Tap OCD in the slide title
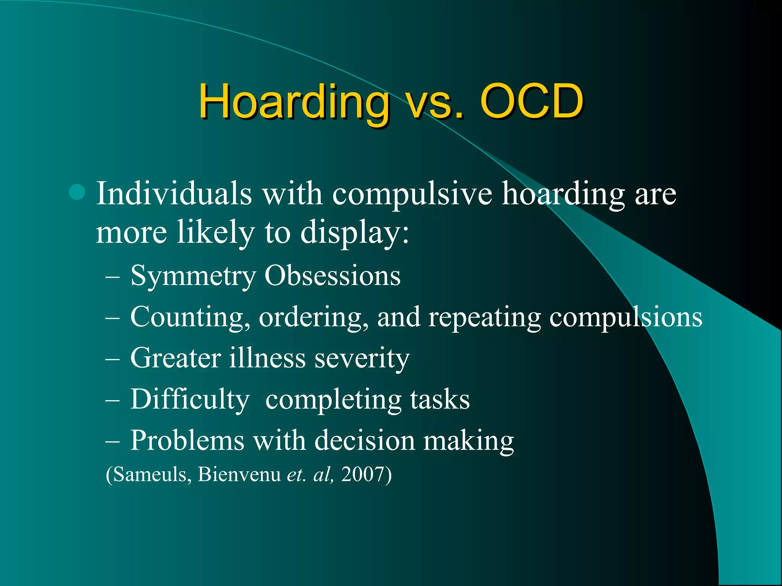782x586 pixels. [x=532, y=101]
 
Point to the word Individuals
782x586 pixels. [x=174, y=194]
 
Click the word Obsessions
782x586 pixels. [x=332, y=275]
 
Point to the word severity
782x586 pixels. [x=362, y=359]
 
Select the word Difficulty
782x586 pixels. [x=190, y=400]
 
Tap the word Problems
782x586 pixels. [x=187, y=441]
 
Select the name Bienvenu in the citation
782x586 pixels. [x=239, y=475]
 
